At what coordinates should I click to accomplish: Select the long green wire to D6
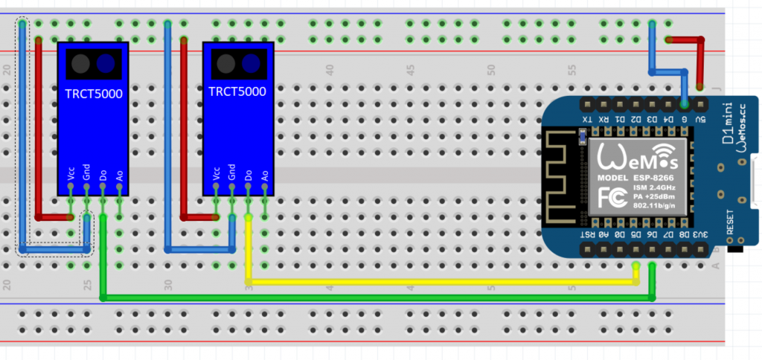coord(372,298)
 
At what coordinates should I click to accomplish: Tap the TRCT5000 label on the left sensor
coord(93,94)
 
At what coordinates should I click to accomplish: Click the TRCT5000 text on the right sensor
coord(237,92)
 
